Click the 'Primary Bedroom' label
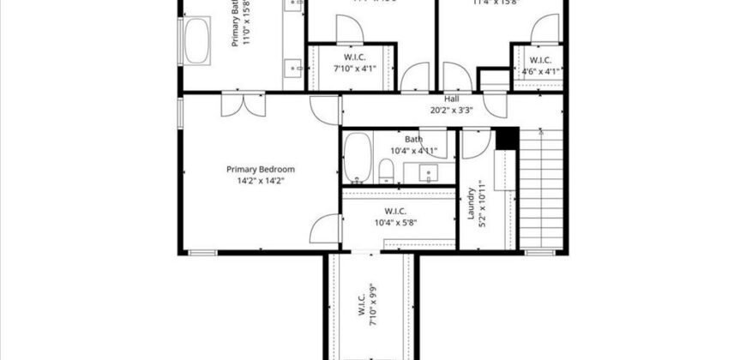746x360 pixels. [x=261, y=169]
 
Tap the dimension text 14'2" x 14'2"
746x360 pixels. [x=261, y=180]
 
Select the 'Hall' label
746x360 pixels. [x=452, y=99]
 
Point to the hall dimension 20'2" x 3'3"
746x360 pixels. [x=452, y=110]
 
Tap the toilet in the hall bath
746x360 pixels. [x=386, y=174]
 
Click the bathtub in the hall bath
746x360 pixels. [x=357, y=159]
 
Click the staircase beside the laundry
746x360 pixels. [x=541, y=189]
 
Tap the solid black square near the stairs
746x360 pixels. [x=508, y=138]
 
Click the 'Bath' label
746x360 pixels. [x=414, y=140]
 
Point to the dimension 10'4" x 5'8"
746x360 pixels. [x=395, y=223]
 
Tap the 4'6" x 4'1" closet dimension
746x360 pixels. [x=540, y=71]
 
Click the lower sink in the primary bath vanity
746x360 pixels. [x=295, y=66]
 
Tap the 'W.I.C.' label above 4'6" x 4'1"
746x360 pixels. [x=540, y=60]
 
